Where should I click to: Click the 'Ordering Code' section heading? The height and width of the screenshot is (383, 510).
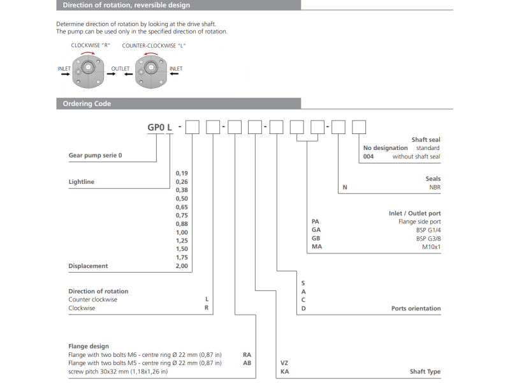coord(87,103)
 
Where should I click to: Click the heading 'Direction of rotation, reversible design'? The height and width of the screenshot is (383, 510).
coord(126,5)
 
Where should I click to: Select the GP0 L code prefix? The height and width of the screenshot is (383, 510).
coord(160,127)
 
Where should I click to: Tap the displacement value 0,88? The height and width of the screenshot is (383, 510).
coord(182,223)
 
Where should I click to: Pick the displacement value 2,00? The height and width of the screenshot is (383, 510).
coord(182,266)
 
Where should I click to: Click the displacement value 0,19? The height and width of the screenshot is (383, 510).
coord(182,173)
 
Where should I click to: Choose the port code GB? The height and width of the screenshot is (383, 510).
coord(316,237)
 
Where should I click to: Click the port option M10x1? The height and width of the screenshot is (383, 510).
coord(431,246)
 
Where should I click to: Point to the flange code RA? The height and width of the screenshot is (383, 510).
coord(247,354)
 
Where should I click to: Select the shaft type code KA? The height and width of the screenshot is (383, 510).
coord(284,372)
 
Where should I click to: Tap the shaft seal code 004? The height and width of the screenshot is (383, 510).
coord(368,156)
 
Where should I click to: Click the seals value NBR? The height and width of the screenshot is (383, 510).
coord(435,188)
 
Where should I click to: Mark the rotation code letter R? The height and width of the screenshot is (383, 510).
coord(206,308)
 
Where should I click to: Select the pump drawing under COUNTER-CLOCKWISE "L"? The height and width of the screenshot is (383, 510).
coord(150,71)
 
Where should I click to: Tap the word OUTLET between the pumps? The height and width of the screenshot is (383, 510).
coord(120,68)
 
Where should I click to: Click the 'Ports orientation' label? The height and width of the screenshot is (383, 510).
coord(416,308)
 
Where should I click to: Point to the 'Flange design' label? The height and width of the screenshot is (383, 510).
coord(89,347)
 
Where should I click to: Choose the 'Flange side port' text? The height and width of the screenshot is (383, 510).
coord(419,222)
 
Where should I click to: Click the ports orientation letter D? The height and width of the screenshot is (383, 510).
coord(303,308)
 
